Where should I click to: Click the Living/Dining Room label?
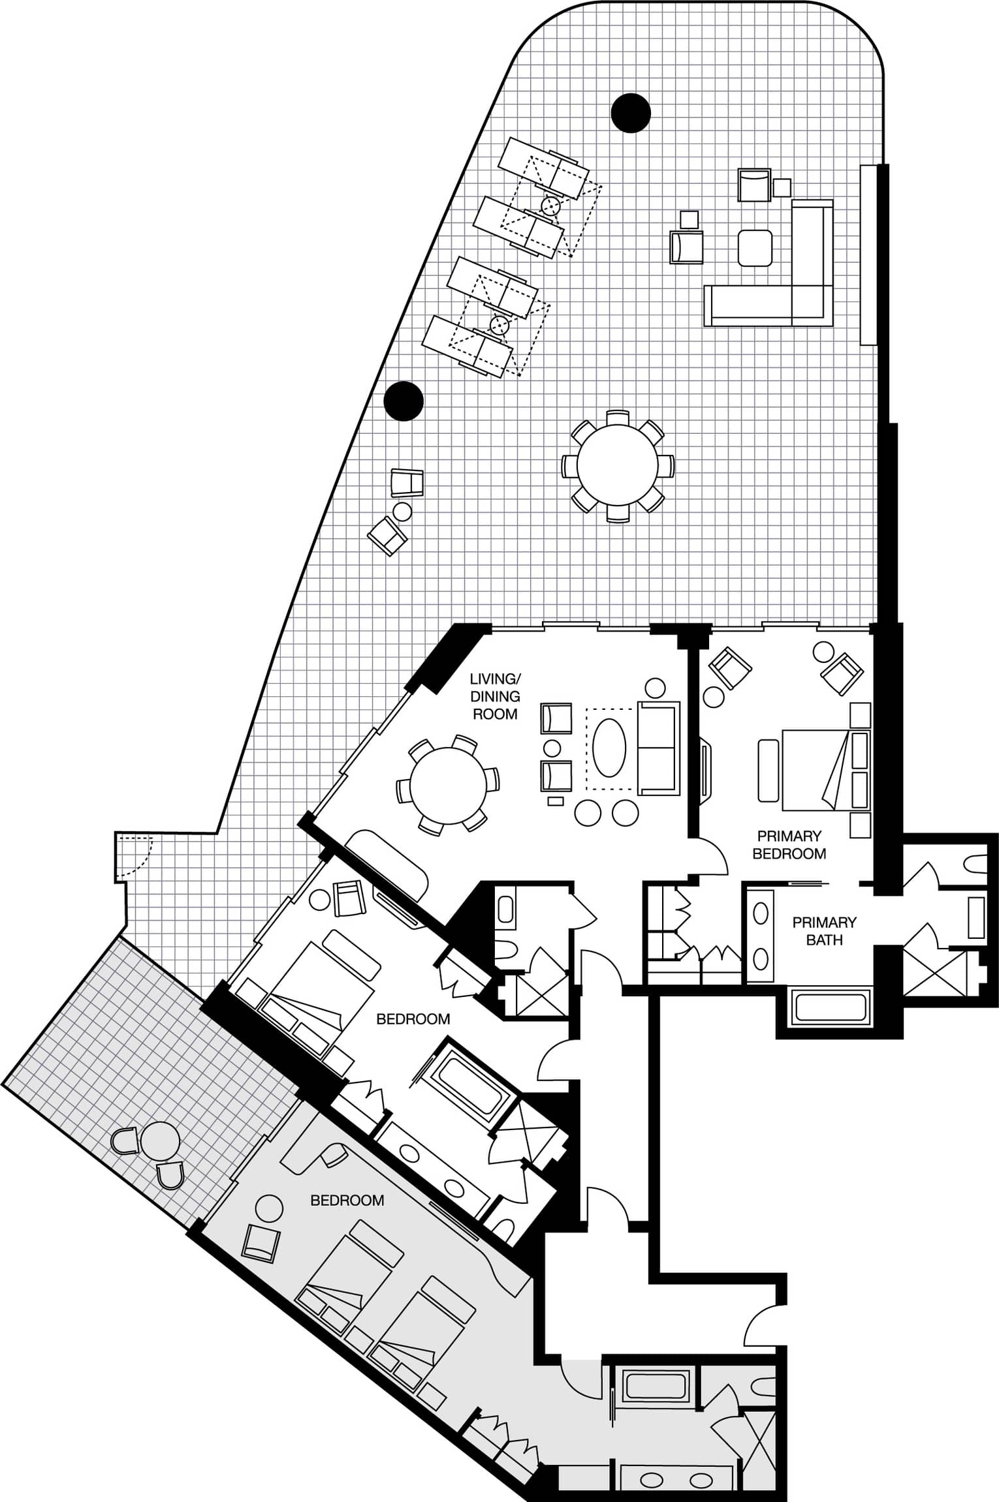[x=495, y=696]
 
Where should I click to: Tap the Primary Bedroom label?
[x=789, y=844]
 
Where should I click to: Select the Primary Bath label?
[x=824, y=931]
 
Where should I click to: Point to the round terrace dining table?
[x=618, y=466]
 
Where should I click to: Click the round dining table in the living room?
[x=448, y=786]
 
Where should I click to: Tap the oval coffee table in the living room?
[x=609, y=748]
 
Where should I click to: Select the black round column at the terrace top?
[x=631, y=113]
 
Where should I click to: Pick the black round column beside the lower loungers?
[x=404, y=401]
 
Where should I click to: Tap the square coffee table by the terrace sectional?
[x=755, y=249]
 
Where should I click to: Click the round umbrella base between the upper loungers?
[x=551, y=207]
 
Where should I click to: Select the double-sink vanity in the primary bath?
[x=760, y=936]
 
